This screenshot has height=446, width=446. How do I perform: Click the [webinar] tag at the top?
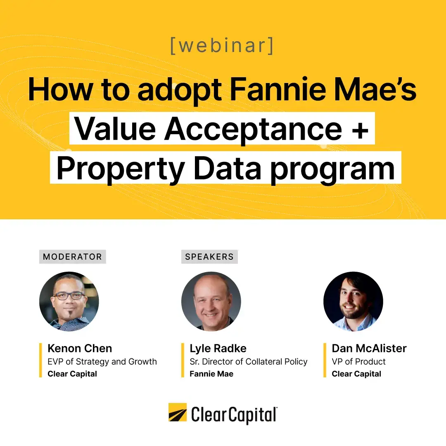click(222, 45)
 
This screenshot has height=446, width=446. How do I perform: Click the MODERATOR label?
click(72, 256)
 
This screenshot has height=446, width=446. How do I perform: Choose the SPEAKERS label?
click(209, 256)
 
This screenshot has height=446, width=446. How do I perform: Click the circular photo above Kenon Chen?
click(69, 301)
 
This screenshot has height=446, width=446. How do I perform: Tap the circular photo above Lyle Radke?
click(211, 301)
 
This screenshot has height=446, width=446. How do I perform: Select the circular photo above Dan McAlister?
click(353, 301)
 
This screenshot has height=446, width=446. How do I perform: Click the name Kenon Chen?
click(80, 348)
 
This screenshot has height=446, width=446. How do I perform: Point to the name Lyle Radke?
click(218, 348)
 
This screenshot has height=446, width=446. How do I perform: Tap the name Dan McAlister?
click(369, 348)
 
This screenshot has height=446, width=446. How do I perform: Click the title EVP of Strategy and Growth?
click(102, 361)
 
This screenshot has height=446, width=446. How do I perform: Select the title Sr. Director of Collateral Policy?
click(249, 361)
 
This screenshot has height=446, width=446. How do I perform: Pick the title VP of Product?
click(358, 361)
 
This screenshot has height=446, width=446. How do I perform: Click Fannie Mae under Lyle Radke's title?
click(211, 374)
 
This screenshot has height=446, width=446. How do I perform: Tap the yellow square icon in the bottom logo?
click(178, 413)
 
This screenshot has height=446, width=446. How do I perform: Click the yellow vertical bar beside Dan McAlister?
click(325, 360)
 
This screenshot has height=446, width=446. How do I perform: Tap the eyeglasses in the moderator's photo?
click(69, 296)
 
